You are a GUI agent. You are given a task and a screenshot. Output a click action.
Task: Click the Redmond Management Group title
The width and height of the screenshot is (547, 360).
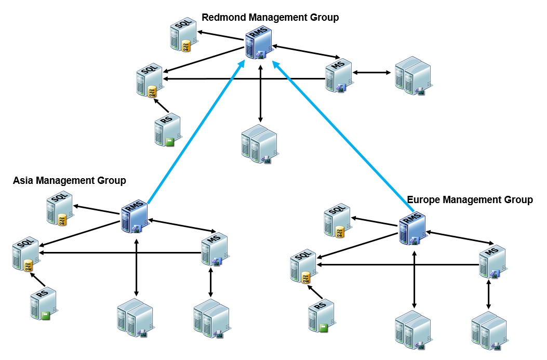coord(270,18)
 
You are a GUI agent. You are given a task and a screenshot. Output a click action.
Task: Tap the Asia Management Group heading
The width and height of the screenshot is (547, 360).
coord(70,181)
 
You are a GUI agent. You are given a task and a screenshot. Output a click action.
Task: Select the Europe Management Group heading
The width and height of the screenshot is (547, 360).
coord(470,199)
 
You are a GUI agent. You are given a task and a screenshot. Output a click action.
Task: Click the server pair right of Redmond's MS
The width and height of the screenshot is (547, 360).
coord(412,76)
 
